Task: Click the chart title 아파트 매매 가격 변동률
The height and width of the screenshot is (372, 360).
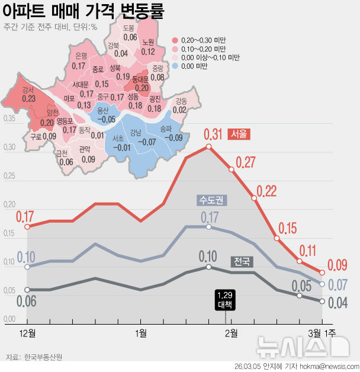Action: pyautogui.click(x=83, y=11)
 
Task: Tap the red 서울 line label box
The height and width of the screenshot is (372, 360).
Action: pyautogui.click(x=239, y=134)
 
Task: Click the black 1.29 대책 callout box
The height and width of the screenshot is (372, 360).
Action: pyautogui.click(x=224, y=300)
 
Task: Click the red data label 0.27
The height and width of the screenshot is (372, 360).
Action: pyautogui.click(x=245, y=162)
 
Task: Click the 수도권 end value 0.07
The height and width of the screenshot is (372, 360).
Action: pyautogui.click(x=337, y=284)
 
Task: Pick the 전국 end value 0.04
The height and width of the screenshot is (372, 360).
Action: pyautogui.click(x=337, y=303)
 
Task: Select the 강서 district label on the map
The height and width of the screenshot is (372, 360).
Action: pyautogui.click(x=28, y=90)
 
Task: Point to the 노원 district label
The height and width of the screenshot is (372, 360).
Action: pyautogui.click(x=148, y=42)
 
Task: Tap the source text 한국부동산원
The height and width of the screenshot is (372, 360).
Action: pyautogui.click(x=44, y=357)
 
